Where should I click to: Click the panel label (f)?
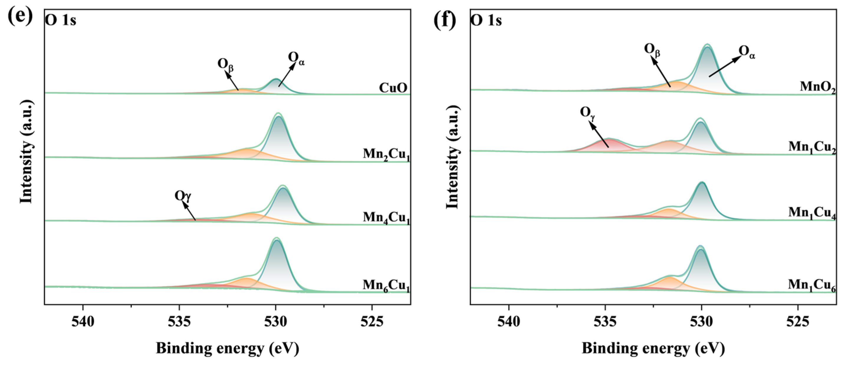444,20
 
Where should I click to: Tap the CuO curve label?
393,88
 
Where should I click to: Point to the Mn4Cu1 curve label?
386,218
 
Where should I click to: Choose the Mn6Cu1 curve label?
386,285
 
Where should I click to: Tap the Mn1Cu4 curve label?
812,212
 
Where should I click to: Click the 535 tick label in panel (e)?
179,322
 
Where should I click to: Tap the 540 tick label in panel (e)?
83,322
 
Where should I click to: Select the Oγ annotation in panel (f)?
587,113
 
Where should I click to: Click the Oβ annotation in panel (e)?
225,65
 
